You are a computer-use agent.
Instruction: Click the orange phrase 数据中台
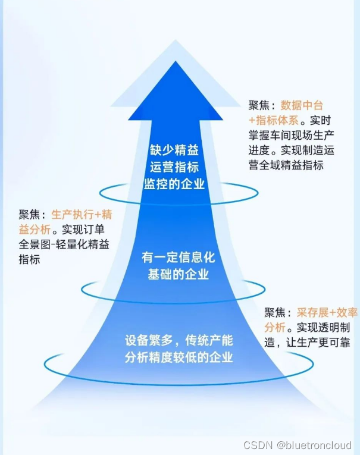point(302,106)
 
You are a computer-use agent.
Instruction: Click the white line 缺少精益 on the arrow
point(172,150)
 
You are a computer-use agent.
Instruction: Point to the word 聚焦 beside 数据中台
point(259,106)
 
